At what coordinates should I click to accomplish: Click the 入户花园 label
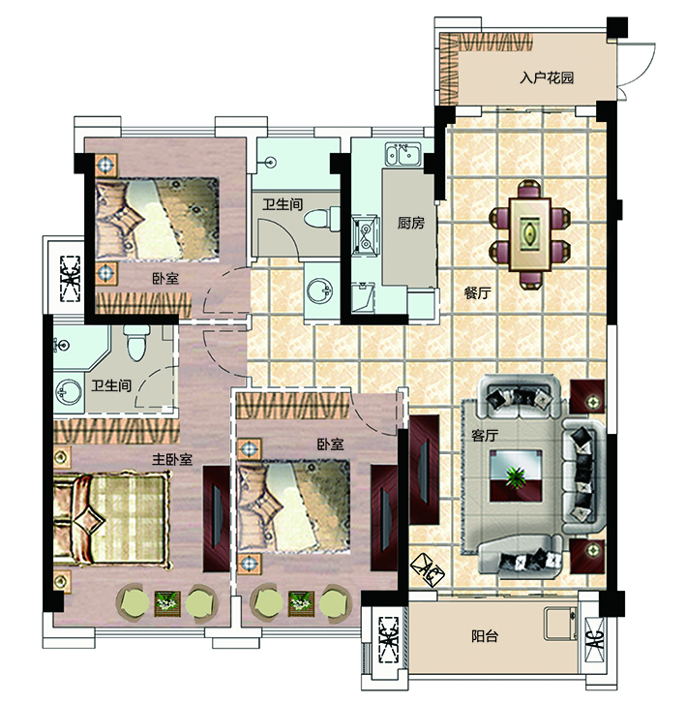(x=547, y=77)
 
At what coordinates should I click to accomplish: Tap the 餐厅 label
(x=477, y=293)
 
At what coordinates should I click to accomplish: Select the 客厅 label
(x=485, y=435)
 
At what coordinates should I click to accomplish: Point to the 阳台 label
(x=485, y=636)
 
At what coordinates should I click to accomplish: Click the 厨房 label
(x=411, y=223)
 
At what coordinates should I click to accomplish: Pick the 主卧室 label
(x=172, y=459)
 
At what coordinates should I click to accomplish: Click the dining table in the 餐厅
(x=530, y=233)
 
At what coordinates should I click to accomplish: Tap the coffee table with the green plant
(x=516, y=475)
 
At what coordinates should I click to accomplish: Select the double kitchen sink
(x=403, y=154)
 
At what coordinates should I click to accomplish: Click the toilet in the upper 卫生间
(x=322, y=219)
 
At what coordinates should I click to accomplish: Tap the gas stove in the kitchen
(x=366, y=235)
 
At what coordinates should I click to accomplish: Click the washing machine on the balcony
(x=560, y=624)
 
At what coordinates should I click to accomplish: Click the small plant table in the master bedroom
(x=167, y=603)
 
